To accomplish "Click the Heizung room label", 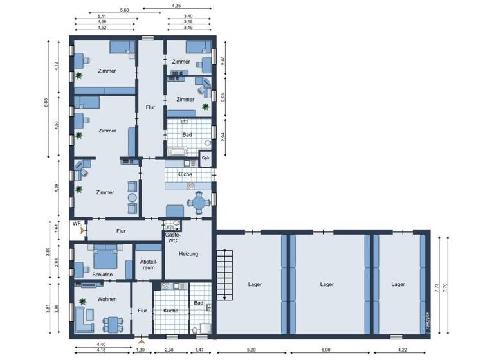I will click(x=188, y=254).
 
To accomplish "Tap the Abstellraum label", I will click(x=149, y=265).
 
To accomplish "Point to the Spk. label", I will click(x=206, y=157).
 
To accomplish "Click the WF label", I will click(x=77, y=223).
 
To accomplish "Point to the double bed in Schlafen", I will click(x=105, y=257).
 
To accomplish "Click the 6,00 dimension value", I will click(x=326, y=350).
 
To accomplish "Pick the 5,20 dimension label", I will click(x=251, y=350).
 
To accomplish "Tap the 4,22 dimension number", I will click(x=403, y=350).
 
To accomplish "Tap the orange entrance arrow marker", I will click(x=141, y=341).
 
